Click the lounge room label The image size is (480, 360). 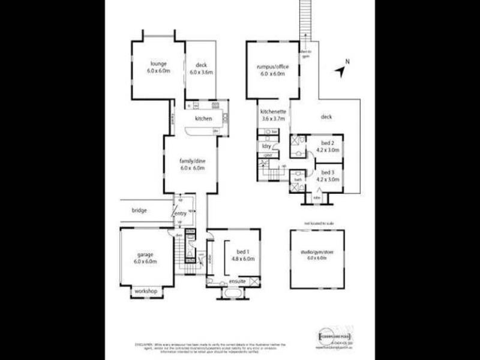[x=158, y=64]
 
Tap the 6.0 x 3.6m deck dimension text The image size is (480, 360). [x=201, y=72]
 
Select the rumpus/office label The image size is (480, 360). [x=272, y=67]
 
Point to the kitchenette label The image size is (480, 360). [x=272, y=112]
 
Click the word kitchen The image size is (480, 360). [x=203, y=119]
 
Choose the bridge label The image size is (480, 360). [x=139, y=211]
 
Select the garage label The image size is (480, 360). [x=145, y=254]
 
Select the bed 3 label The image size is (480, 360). [x=327, y=172]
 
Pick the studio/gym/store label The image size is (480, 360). [x=316, y=252]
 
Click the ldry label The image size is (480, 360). [x=265, y=146]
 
